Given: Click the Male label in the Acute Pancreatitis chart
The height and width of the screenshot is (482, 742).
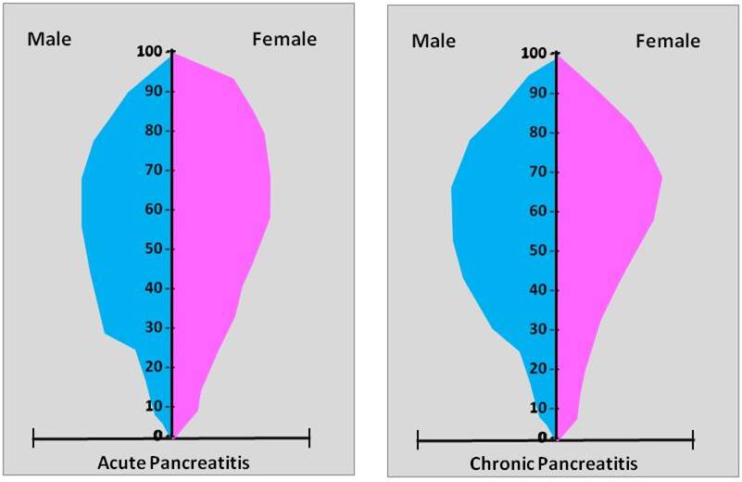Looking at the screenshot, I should pyautogui.click(x=49, y=39).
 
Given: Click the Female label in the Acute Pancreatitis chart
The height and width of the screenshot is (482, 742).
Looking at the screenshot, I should pyautogui.click(x=284, y=39).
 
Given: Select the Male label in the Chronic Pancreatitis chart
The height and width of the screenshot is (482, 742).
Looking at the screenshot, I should pyautogui.click(x=434, y=41).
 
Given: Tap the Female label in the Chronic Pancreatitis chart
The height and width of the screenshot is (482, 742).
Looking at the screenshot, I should pyautogui.click(x=668, y=41).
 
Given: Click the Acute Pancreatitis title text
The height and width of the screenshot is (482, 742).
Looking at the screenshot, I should pyautogui.click(x=173, y=462).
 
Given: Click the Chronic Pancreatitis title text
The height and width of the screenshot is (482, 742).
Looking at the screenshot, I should pyautogui.click(x=554, y=463).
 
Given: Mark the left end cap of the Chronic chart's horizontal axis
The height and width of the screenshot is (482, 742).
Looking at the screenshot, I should pyautogui.click(x=418, y=438).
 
